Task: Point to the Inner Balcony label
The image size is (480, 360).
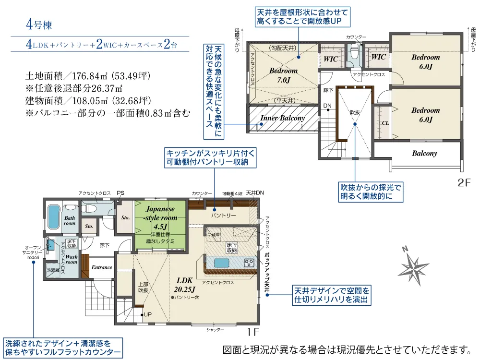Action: (x=282, y=118)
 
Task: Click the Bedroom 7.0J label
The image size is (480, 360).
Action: (x=283, y=75)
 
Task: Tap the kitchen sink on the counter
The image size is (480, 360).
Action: (x=223, y=263)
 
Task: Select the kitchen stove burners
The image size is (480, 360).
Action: (x=249, y=263)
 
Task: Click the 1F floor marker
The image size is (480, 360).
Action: (x=253, y=331)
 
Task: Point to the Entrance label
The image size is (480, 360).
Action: (x=102, y=267)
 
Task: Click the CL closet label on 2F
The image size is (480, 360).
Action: (x=385, y=122)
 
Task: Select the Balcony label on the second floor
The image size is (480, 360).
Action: (x=424, y=154)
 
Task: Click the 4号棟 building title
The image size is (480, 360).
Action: (x=39, y=25)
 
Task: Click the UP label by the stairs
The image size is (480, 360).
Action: (x=147, y=315)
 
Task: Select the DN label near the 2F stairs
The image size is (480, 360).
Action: (x=327, y=106)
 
